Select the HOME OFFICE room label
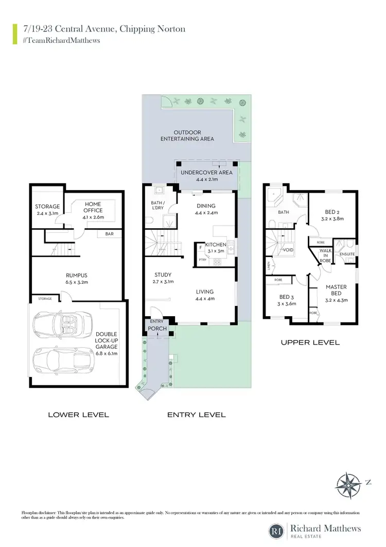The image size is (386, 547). (93, 207)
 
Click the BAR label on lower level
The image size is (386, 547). (110, 234)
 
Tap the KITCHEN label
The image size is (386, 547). (216, 245)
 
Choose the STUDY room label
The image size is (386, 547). (163, 275)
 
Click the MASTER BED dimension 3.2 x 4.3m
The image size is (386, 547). (335, 300)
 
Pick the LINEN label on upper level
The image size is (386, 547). (269, 266)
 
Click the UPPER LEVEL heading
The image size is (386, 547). (310, 342)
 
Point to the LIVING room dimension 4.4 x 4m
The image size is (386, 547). (205, 299)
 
